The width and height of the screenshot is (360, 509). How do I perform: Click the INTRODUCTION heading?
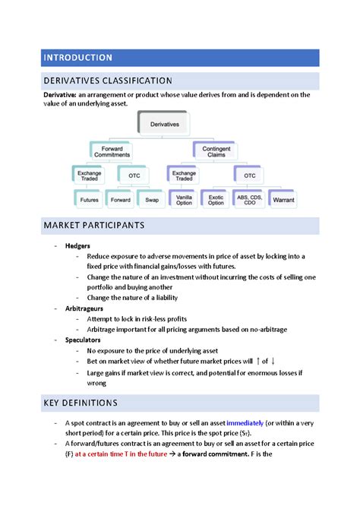77,58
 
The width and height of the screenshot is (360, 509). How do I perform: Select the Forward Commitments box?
112,150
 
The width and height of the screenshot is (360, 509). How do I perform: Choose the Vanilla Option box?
183,201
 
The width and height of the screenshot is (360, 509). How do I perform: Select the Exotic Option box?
216,201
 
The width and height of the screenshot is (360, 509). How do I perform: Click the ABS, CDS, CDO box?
250,201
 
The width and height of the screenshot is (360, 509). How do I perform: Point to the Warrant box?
283,201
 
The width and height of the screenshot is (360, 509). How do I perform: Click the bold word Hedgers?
78,246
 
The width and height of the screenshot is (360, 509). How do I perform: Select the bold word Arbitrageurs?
85,309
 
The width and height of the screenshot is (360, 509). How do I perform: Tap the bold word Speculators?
84,340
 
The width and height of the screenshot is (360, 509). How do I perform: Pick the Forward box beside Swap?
120,201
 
